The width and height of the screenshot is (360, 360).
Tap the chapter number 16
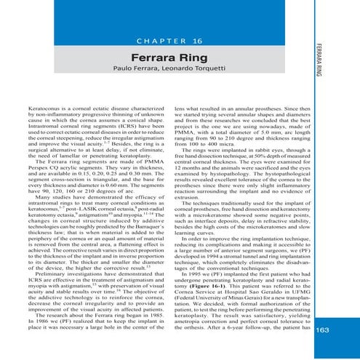click(x=197, y=41)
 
